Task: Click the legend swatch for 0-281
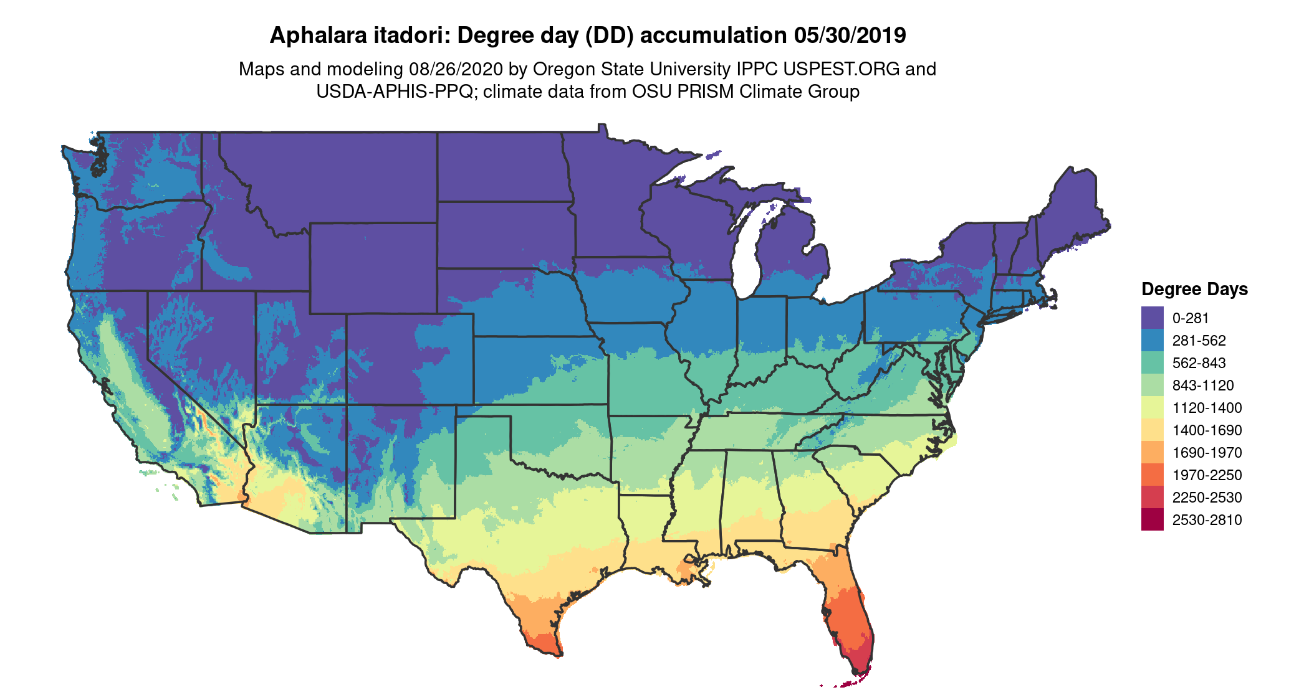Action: pyautogui.click(x=1152, y=318)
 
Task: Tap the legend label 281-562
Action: pyautogui.click(x=1199, y=341)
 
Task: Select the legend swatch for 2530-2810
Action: pyautogui.click(x=1152, y=520)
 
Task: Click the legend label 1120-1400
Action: pyautogui.click(x=1207, y=408)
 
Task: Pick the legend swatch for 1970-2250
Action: pyautogui.click(x=1152, y=475)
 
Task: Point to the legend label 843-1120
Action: pyautogui.click(x=1203, y=385)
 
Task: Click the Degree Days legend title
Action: pyautogui.click(x=1194, y=289)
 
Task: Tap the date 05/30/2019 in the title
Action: pyautogui.click(x=850, y=35)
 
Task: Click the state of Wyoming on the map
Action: pyautogui.click(x=373, y=268)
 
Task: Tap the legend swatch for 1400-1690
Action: pyautogui.click(x=1152, y=430)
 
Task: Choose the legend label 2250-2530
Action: pyautogui.click(x=1207, y=498)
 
